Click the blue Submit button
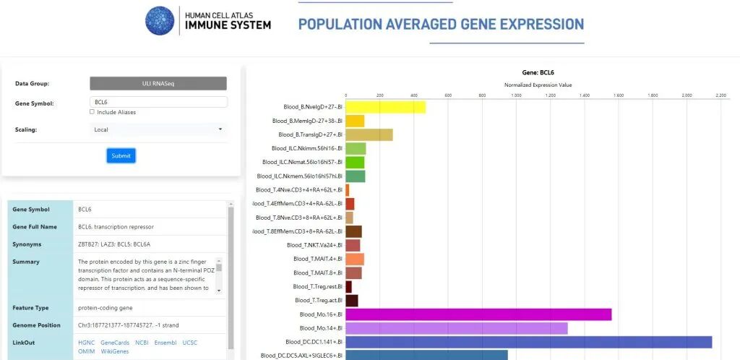coord(121,155)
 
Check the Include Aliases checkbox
coord(92,112)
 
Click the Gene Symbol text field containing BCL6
coord(158,103)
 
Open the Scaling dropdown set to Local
coord(158,129)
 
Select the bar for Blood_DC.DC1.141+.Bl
coord(528,342)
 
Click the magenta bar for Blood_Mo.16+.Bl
coord(478,314)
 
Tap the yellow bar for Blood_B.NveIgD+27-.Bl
coord(385,107)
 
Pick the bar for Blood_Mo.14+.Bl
coord(456,328)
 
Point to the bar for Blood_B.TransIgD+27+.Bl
coord(369,134)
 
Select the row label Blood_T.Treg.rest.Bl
coord(317,287)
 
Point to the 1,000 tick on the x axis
coord(516,95)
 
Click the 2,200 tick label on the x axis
coord(720,95)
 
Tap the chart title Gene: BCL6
coord(538,73)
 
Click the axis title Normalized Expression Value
coord(538,85)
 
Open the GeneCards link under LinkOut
coord(115,343)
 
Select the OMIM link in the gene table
coord(86,351)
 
